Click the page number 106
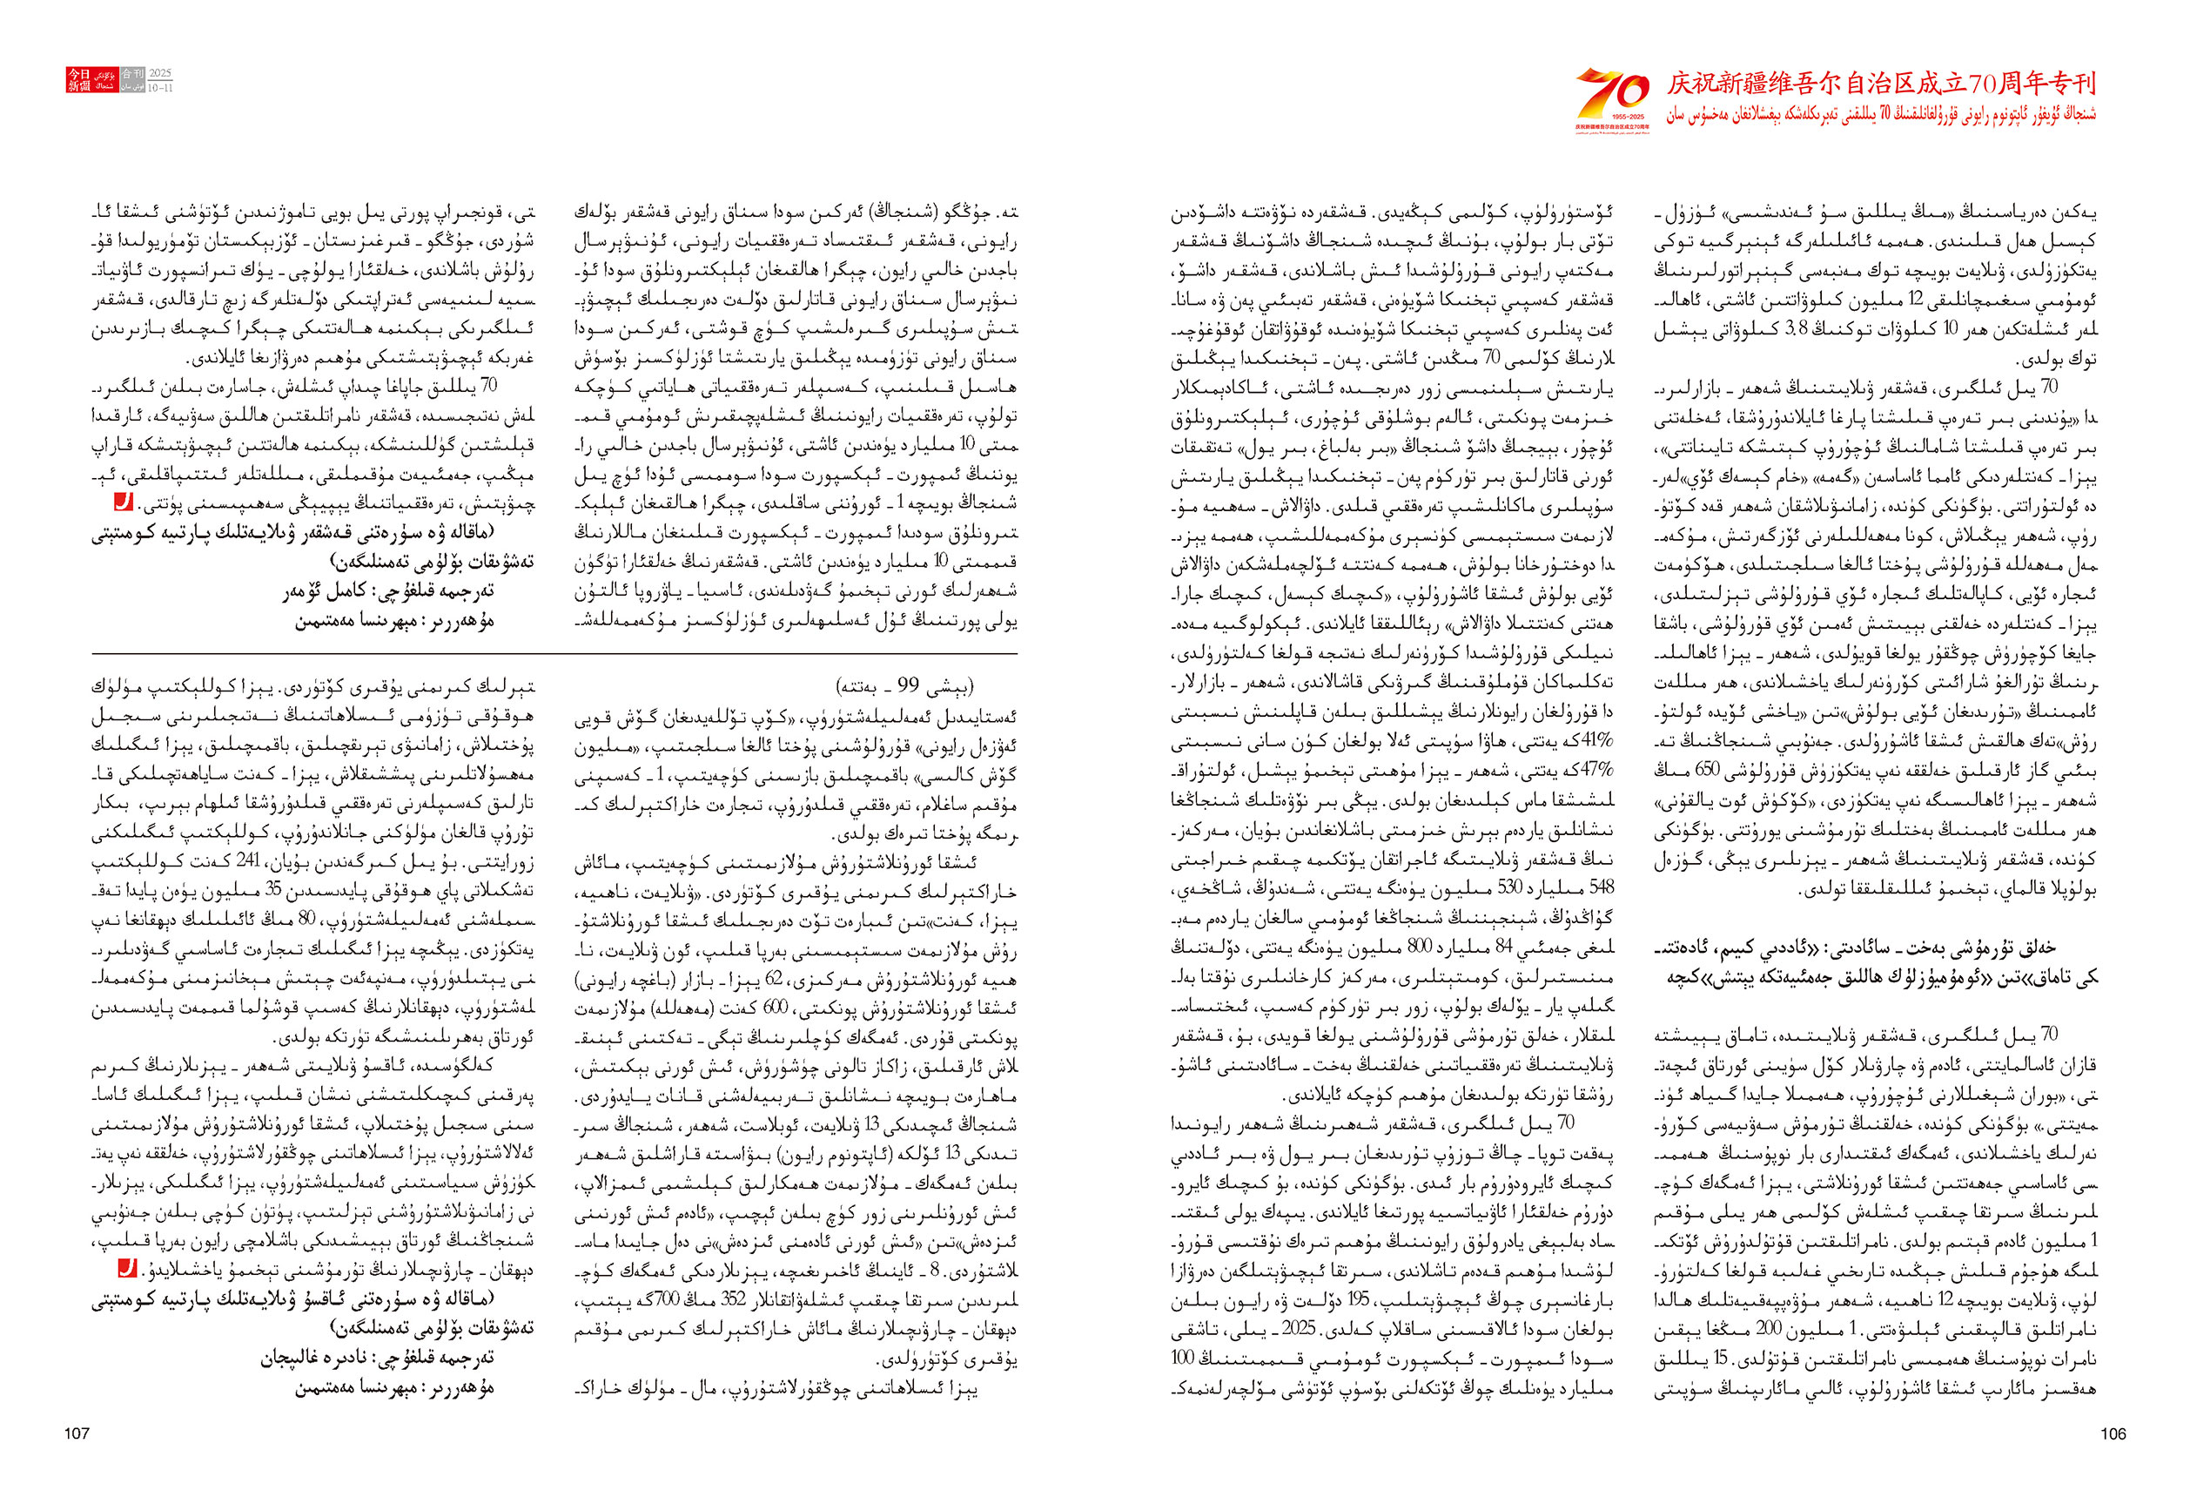[x=2113, y=1433]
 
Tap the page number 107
[x=77, y=1433]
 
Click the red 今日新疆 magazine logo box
[x=78, y=79]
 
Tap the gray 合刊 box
[x=132, y=73]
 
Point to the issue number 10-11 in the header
[x=159, y=88]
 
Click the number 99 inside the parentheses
[x=908, y=684]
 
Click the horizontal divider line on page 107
[x=554, y=653]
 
